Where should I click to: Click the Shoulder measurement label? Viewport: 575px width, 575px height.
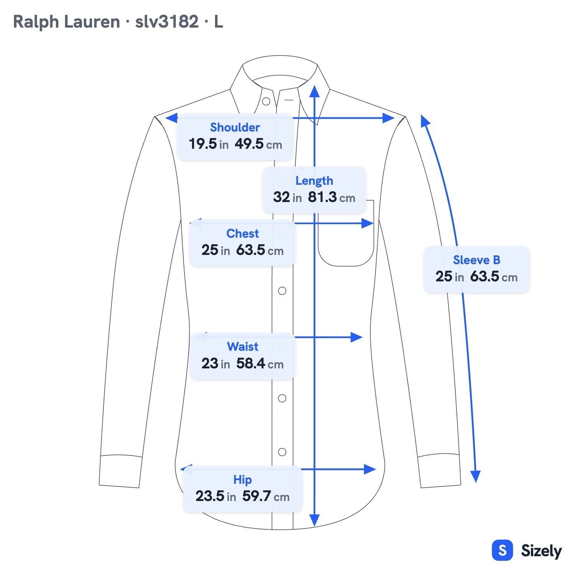pyautogui.click(x=235, y=127)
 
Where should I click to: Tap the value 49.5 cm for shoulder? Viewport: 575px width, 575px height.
pyautogui.click(x=258, y=144)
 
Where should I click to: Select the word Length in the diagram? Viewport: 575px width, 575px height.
pyautogui.click(x=314, y=181)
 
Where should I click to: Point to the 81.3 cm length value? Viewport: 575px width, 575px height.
pyautogui.click(x=332, y=197)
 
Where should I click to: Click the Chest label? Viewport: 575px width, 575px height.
pyautogui.click(x=243, y=233)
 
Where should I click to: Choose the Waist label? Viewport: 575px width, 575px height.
pyautogui.click(x=243, y=347)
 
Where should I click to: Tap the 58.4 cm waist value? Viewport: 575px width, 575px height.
pyautogui.click(x=260, y=363)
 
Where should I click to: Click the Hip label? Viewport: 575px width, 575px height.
pyautogui.click(x=243, y=480)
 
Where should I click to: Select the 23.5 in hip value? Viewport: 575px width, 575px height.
pyautogui.click(x=215, y=496)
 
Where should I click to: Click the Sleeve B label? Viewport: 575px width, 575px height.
pyautogui.click(x=476, y=260)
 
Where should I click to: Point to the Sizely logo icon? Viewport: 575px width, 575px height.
pyautogui.click(x=502, y=550)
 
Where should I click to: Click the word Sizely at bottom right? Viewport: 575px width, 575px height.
pyautogui.click(x=541, y=551)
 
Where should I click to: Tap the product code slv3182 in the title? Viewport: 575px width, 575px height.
pyautogui.click(x=167, y=22)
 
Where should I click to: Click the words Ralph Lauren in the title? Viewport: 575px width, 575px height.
pyautogui.click(x=66, y=22)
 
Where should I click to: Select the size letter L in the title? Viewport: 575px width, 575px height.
pyautogui.click(x=219, y=22)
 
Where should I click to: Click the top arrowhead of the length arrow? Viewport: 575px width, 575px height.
pyautogui.click(x=314, y=91)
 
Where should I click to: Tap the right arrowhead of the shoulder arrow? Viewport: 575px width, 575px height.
pyautogui.click(x=388, y=118)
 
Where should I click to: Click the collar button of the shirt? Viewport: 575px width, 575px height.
pyautogui.click(x=266, y=102)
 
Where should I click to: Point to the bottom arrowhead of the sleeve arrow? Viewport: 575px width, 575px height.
pyautogui.click(x=475, y=476)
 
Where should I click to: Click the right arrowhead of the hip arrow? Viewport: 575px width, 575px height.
pyautogui.click(x=370, y=469)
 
